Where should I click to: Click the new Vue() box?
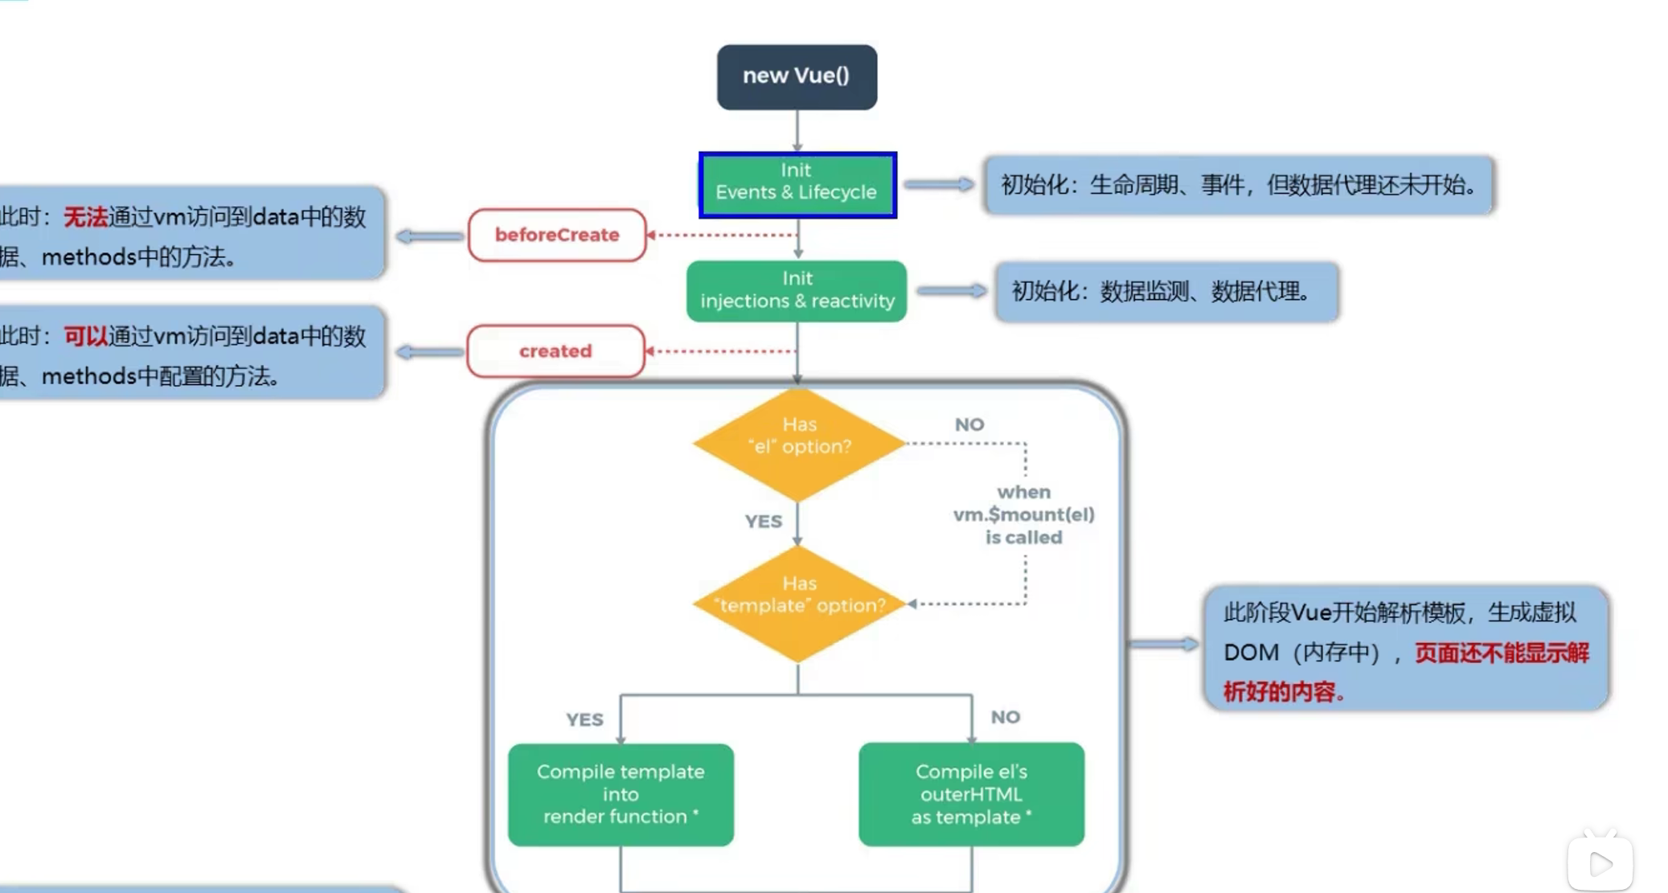pyautogui.click(x=797, y=76)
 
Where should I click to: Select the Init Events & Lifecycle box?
pyautogui.click(x=797, y=184)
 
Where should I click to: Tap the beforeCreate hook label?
pyautogui.click(x=557, y=235)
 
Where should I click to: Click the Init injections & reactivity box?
pyautogui.click(x=797, y=290)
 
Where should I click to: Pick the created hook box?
pyautogui.click(x=555, y=351)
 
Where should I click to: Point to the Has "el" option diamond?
pyautogui.click(x=799, y=444)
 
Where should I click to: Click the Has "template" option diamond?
pyautogui.click(x=799, y=603)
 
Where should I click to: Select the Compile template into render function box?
pyautogui.click(x=621, y=794)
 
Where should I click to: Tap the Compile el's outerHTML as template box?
pyautogui.click(x=971, y=794)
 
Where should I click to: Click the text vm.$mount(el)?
pyautogui.click(x=1023, y=514)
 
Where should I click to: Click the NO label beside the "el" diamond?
pyautogui.click(x=969, y=424)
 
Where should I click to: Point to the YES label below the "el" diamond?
pyautogui.click(x=763, y=522)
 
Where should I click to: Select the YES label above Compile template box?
pyautogui.click(x=584, y=719)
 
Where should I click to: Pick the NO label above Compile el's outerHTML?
pyautogui.click(x=1005, y=717)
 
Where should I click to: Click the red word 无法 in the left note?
pyautogui.click(x=85, y=217)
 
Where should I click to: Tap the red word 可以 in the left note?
pyautogui.click(x=85, y=336)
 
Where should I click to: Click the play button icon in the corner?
pyautogui.click(x=1600, y=864)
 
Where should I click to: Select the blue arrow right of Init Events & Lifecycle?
pyautogui.click(x=939, y=184)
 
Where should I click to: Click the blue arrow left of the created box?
pyautogui.click(x=430, y=352)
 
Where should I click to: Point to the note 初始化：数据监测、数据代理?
pyautogui.click(x=1166, y=291)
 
